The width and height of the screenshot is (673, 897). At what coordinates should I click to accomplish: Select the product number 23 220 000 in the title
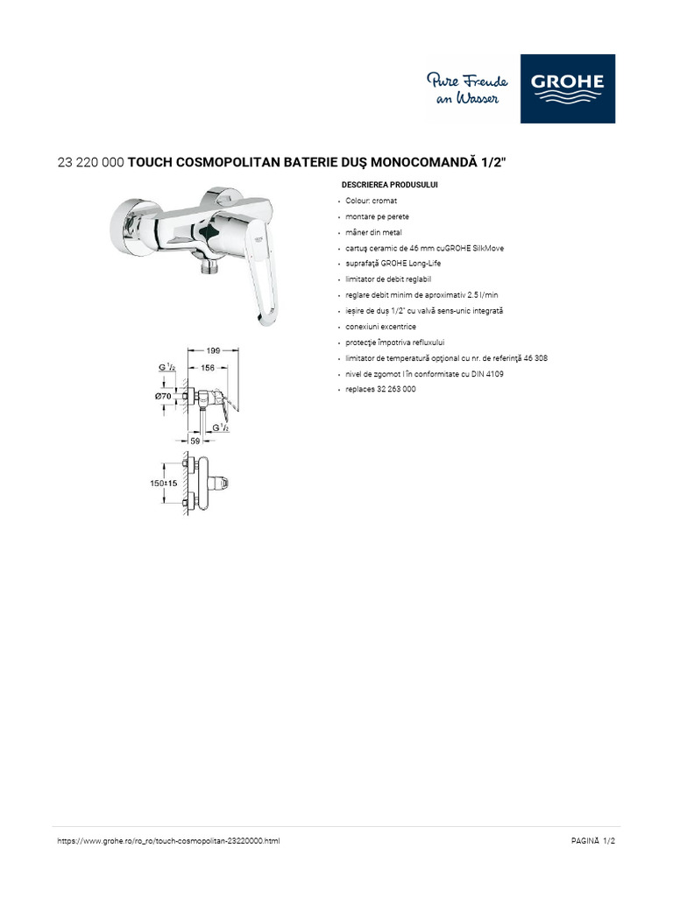pos(90,163)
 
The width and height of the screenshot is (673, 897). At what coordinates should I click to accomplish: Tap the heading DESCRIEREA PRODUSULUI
pos(388,185)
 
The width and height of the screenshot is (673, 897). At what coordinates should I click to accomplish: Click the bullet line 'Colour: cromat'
pos(372,201)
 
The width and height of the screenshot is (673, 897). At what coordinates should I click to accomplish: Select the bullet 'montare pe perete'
pos(377,216)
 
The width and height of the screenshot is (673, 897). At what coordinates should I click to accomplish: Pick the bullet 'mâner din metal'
pos(374,232)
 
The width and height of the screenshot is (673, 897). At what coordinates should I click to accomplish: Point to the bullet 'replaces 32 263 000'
pos(380,389)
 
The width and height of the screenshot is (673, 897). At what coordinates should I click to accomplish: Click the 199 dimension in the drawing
pos(208,350)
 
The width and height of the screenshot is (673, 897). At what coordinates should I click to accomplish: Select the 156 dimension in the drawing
pos(208,368)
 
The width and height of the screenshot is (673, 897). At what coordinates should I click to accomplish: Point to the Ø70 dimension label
pos(162,397)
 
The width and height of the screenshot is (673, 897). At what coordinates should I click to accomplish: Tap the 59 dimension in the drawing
pos(195,441)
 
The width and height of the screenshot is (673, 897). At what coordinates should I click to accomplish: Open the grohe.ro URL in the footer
pos(168,841)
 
